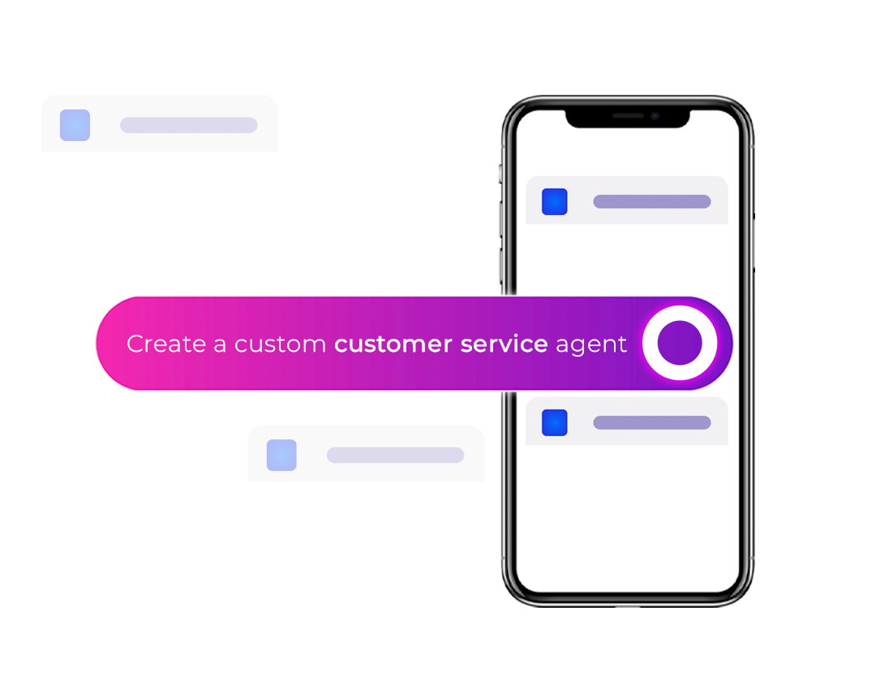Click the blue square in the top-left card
pos(75,125)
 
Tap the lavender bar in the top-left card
pos(188,125)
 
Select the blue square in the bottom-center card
pos(281,455)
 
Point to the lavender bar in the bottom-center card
pos(395,455)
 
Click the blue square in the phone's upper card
pos(555,201)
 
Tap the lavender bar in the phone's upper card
pos(651,201)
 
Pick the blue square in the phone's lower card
pos(555,422)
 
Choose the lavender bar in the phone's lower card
pos(651,422)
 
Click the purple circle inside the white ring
pos(680,343)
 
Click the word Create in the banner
pos(165,344)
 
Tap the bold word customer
pos(393,344)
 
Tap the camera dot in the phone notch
pos(655,116)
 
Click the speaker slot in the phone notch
pos(627,116)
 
